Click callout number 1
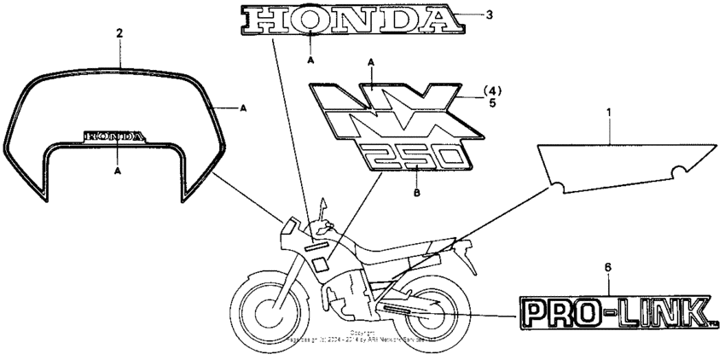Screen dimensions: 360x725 point(608,113)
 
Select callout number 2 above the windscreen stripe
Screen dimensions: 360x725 point(119,34)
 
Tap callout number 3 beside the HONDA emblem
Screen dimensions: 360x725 point(488,15)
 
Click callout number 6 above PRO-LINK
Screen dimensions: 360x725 point(607,268)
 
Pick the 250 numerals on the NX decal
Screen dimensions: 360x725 point(414,157)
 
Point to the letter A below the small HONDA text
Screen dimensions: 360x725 point(117,171)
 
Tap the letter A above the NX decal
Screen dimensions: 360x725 point(371,62)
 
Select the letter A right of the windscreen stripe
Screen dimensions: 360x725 point(243,108)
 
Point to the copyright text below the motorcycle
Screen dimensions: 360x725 point(362,336)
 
